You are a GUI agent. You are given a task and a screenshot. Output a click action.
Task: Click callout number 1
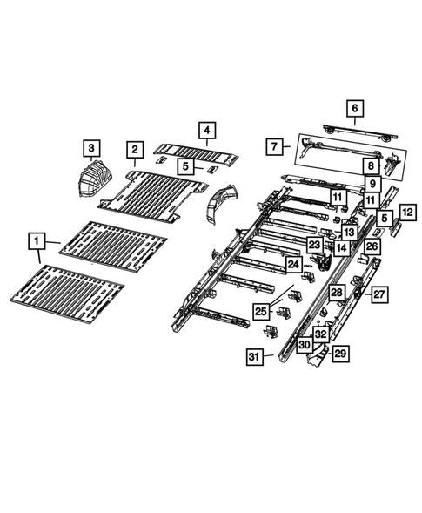37,239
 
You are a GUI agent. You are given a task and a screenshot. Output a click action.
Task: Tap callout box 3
91,145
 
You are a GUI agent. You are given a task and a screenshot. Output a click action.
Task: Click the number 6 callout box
353,109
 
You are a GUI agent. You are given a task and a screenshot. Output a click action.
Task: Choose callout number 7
273,145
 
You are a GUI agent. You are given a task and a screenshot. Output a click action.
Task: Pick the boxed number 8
369,165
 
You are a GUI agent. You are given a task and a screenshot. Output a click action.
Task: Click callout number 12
406,211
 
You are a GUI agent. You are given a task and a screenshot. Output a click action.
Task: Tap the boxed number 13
349,232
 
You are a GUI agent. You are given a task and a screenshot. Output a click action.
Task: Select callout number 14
342,248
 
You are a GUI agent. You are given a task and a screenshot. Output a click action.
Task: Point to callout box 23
314,246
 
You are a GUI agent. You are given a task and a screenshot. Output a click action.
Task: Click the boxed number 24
293,263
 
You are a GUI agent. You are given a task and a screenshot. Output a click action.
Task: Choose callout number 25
260,310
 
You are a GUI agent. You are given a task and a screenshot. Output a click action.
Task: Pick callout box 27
378,295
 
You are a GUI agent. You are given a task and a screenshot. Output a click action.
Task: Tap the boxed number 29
340,354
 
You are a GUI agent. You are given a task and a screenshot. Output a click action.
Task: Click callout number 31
253,357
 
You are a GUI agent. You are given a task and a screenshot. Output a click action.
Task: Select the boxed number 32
320,334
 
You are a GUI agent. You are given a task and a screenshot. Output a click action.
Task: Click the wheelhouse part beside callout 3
88,179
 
